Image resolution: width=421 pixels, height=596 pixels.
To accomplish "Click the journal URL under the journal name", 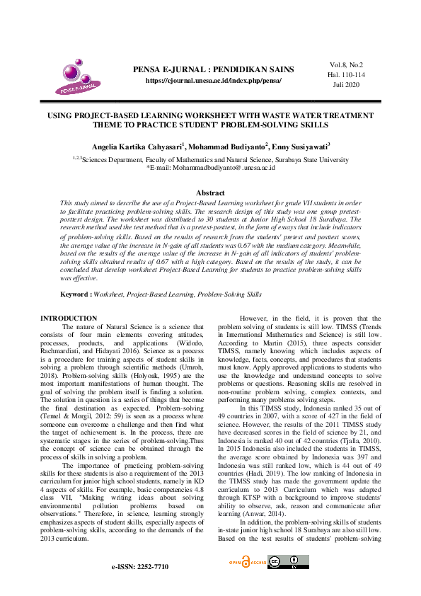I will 213,81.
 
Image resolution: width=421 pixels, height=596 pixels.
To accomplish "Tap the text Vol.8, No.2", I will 346,64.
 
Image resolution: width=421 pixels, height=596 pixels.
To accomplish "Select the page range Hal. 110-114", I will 346,74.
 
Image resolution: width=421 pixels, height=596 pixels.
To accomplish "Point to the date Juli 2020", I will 346,84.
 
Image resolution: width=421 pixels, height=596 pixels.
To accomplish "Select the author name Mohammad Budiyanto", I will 227,146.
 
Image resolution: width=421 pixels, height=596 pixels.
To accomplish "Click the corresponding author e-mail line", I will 210,168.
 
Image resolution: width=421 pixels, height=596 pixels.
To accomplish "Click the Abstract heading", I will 210,193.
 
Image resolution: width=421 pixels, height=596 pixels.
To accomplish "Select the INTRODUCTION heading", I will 69,319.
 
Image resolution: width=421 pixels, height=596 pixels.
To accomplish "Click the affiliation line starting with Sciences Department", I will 210,160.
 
